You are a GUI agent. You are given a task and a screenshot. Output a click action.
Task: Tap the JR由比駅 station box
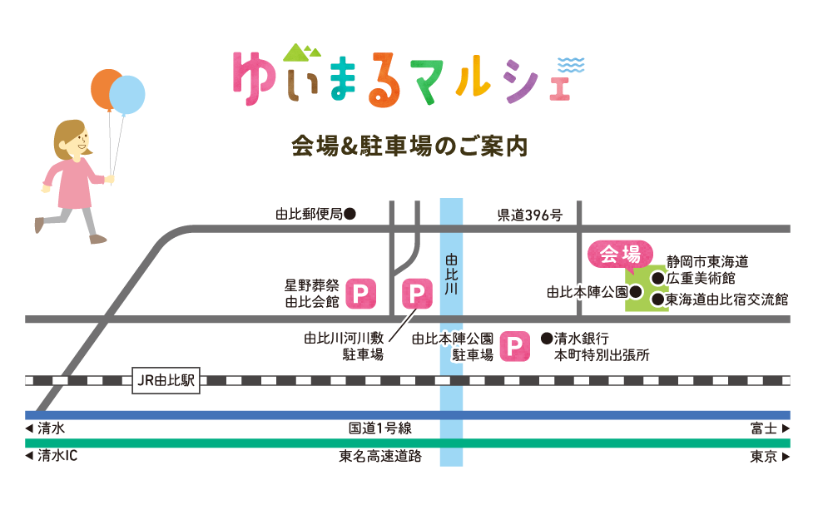[165, 380]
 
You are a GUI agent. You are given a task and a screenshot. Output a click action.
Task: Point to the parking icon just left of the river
[417, 294]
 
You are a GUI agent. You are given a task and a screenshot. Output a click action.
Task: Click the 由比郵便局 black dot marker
[350, 214]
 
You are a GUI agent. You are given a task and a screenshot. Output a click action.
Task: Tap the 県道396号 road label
[530, 215]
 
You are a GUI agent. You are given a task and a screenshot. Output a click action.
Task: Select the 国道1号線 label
[380, 429]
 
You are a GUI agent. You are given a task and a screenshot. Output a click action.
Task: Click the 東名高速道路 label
[380, 456]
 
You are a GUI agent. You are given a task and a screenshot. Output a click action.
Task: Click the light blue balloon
[127, 96]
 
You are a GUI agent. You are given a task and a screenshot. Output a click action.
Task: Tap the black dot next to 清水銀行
[547, 339]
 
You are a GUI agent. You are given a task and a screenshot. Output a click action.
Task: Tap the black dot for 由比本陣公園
[635, 292]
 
